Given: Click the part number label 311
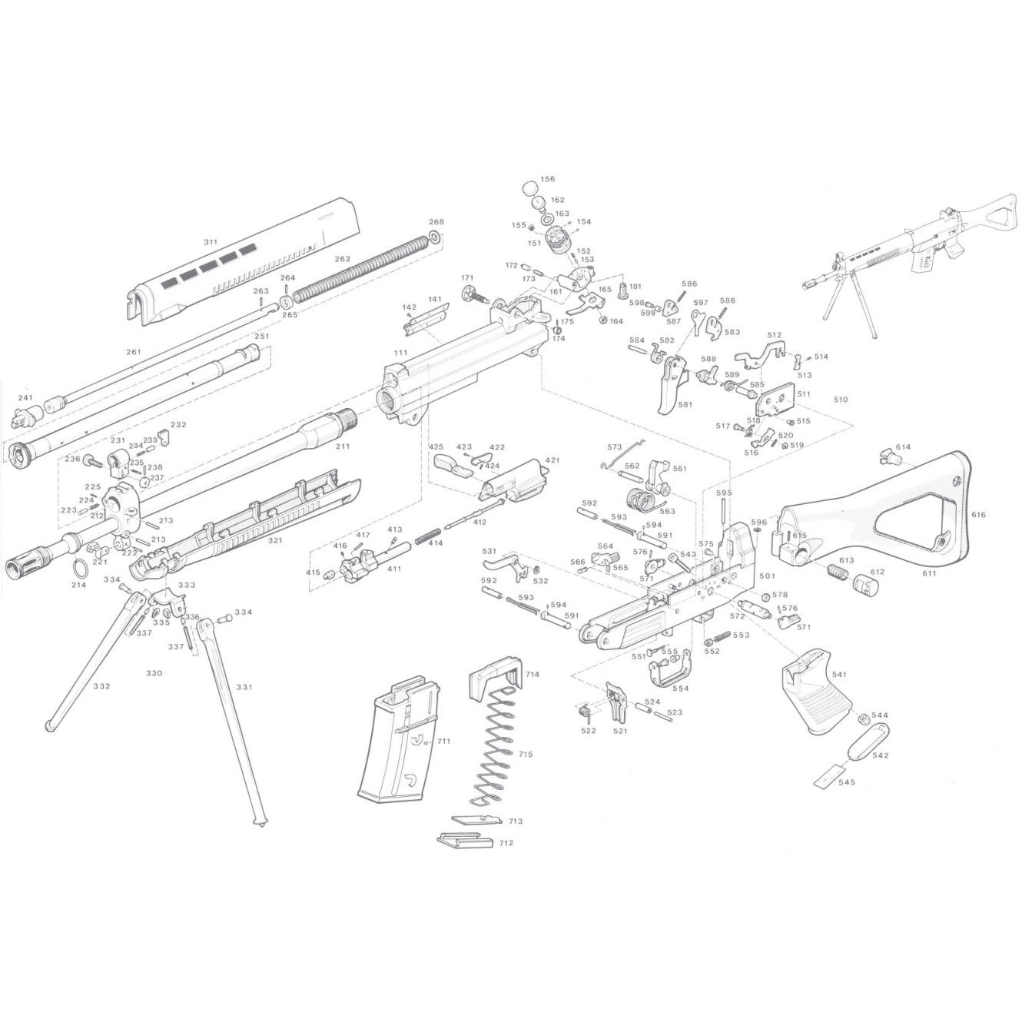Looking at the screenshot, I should coord(210,242).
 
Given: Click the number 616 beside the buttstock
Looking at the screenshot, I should coord(977,515).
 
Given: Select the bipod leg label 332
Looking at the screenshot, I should coord(101,686).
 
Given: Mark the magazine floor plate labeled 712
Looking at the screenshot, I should coord(463,841).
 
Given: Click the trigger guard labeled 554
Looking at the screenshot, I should coord(669,674).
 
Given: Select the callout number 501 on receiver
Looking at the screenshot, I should coord(767,576).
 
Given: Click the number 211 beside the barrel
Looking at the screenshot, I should coord(342,446).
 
